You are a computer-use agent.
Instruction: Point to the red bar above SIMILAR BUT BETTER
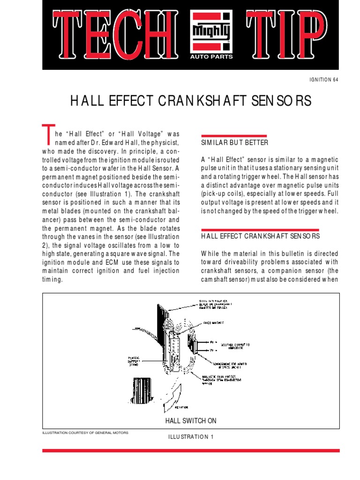click(234, 135)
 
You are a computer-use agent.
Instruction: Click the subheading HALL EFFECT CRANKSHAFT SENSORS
click(260, 236)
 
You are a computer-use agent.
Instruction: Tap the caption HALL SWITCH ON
click(191, 421)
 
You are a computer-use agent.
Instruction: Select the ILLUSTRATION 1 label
click(191, 437)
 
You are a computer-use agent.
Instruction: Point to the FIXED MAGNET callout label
click(213, 322)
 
